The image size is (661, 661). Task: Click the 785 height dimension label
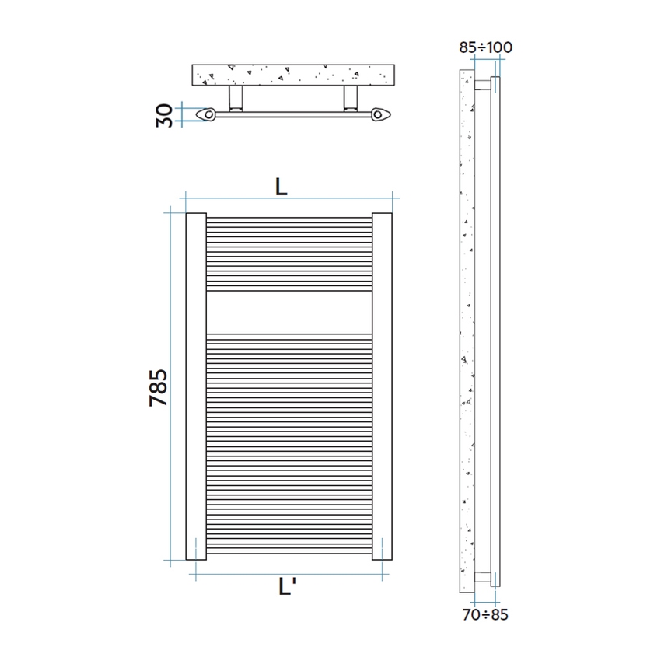click(x=158, y=386)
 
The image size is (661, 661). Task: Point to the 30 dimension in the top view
click(x=164, y=114)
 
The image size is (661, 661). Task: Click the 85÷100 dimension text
click(x=485, y=47)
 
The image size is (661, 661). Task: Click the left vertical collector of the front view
click(x=195, y=386)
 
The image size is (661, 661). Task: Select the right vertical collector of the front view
click(x=382, y=386)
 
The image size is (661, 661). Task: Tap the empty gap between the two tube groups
click(x=289, y=312)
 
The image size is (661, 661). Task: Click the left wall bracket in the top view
click(x=236, y=99)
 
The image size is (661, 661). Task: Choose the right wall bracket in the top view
click(x=351, y=99)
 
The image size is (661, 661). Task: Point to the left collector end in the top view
click(x=207, y=114)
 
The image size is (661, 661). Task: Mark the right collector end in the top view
click(x=380, y=114)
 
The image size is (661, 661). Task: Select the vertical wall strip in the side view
click(x=467, y=327)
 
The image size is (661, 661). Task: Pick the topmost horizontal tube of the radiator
click(x=289, y=218)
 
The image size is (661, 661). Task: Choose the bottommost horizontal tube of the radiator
click(x=289, y=553)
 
